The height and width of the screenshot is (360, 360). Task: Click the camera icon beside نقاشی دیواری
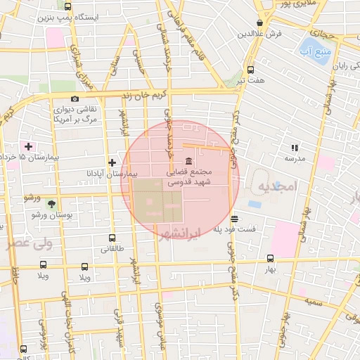pyautogui.click(x=75, y=99)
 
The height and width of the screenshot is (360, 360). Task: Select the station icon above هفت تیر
pyautogui.click(x=250, y=70)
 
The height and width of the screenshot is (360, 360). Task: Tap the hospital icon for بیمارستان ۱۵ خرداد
pyautogui.click(x=28, y=146)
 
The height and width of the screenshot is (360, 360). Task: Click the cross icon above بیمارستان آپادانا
pyautogui.click(x=112, y=162)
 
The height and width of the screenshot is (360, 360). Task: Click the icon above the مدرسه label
pyautogui.click(x=294, y=148)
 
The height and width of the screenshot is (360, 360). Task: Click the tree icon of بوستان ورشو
pyautogui.click(x=51, y=204)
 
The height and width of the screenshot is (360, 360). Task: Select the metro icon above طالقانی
pyautogui.click(x=112, y=238)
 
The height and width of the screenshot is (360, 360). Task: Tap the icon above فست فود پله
pyautogui.click(x=234, y=219)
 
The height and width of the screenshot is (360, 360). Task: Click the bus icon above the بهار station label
pyautogui.click(x=270, y=258)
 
